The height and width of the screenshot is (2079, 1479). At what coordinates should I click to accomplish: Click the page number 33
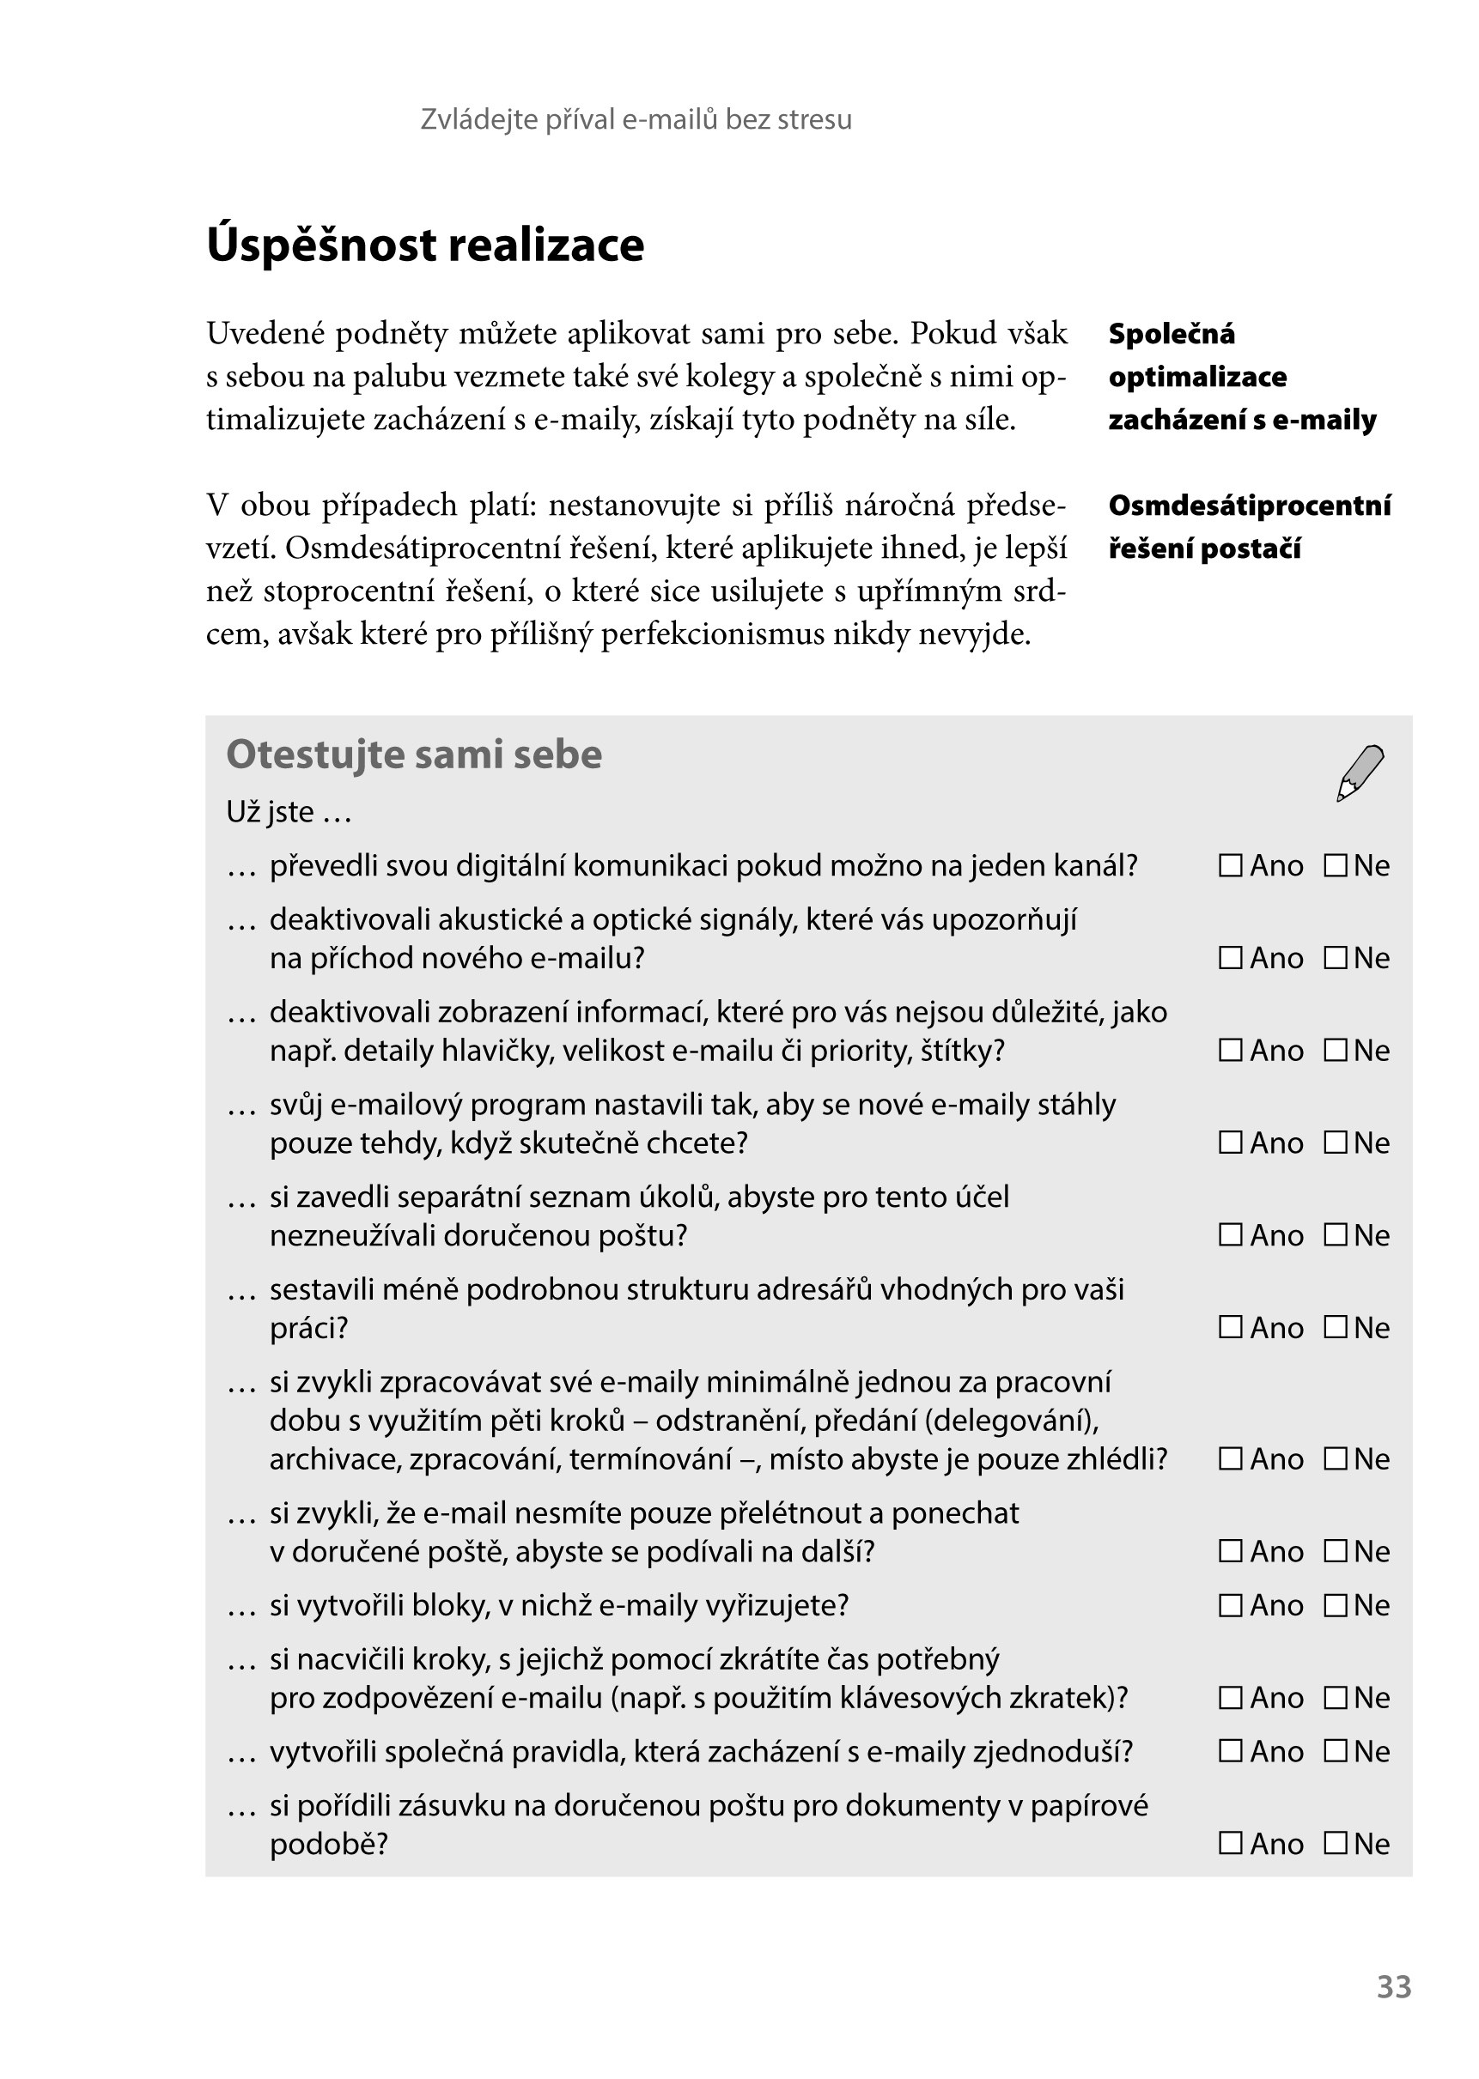click(x=1393, y=1986)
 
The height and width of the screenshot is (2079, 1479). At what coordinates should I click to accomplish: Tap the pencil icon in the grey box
click(x=1360, y=773)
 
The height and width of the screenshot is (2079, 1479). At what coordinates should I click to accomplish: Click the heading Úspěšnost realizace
click(x=425, y=245)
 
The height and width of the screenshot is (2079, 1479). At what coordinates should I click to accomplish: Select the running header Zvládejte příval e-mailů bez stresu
click(x=636, y=119)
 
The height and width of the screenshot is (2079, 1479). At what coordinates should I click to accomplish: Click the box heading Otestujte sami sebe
click(x=413, y=755)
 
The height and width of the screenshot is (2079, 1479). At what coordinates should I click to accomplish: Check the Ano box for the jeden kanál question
click(x=1231, y=864)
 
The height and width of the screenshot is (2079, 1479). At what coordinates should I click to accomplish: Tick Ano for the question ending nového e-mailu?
click(x=1231, y=958)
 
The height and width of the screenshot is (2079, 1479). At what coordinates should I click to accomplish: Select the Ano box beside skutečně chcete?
click(x=1231, y=1143)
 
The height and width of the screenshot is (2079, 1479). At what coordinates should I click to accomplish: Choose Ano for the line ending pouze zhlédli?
click(x=1231, y=1459)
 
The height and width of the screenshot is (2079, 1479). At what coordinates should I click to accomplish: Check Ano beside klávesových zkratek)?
click(x=1231, y=1698)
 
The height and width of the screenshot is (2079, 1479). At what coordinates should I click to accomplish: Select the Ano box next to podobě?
click(x=1231, y=1843)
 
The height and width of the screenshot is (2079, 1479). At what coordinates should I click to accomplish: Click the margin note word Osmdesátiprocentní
click(x=1249, y=506)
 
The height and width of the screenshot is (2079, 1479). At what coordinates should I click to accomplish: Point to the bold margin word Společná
click(x=1172, y=334)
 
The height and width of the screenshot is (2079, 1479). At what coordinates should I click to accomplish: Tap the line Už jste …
click(x=289, y=812)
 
